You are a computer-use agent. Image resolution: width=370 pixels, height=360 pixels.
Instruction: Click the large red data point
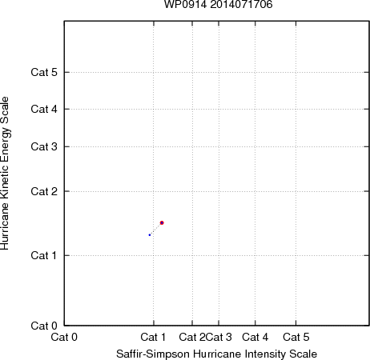click(162, 222)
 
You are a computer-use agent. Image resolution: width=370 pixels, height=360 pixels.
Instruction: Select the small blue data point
click(150, 235)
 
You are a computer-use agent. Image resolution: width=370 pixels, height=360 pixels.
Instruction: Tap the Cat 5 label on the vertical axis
click(44, 72)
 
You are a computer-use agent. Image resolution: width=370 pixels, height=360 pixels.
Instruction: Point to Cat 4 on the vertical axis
click(44, 109)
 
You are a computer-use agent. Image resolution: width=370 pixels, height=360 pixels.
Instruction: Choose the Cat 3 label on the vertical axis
click(44, 146)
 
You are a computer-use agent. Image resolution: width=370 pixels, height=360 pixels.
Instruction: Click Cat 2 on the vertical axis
click(44, 191)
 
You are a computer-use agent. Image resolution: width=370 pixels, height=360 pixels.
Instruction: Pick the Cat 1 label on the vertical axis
click(44, 255)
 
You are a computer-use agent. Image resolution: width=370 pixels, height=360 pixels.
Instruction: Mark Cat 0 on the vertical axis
click(44, 326)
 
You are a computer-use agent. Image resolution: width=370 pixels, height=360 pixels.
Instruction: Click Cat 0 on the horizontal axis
click(64, 337)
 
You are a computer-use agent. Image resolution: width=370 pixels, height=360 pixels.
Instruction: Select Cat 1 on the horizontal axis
click(153, 337)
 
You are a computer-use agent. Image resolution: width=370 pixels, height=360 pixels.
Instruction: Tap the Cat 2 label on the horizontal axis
click(192, 337)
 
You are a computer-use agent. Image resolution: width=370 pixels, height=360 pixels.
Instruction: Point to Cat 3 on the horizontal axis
click(219, 337)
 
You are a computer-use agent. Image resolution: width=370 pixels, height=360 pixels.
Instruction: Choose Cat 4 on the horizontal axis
click(255, 337)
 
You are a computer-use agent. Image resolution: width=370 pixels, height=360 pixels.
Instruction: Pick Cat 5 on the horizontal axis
click(296, 337)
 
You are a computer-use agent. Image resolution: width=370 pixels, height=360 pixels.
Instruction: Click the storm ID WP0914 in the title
click(185, 4)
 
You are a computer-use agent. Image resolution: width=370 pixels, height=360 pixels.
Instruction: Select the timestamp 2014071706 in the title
click(241, 4)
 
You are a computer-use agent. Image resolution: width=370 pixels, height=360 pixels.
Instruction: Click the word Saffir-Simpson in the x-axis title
click(153, 354)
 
